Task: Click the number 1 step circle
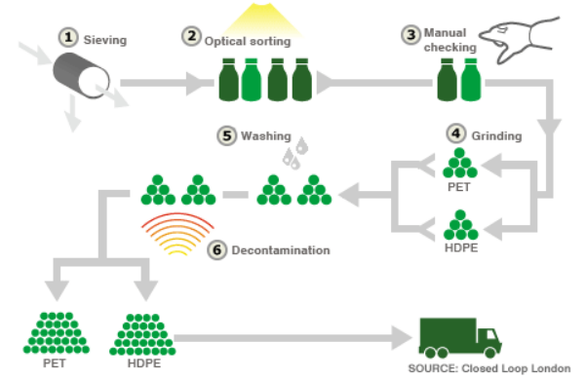coord(68,37)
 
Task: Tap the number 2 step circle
coord(192,37)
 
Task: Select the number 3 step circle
coord(411,35)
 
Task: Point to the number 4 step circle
coord(456,133)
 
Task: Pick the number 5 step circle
coord(227,135)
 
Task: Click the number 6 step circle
coord(217,249)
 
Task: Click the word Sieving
coord(105,40)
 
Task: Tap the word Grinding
coord(496,135)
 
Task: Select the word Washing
coord(266,135)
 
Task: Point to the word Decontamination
coord(281,250)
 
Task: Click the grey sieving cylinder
coord(82,75)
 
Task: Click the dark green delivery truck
coord(459,338)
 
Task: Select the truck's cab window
coord(491,334)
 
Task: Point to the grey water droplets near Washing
coord(295,153)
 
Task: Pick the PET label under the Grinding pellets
coord(459,187)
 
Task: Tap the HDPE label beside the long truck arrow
coord(144,363)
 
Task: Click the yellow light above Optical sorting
coord(261,19)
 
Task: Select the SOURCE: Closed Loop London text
coord(489,368)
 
